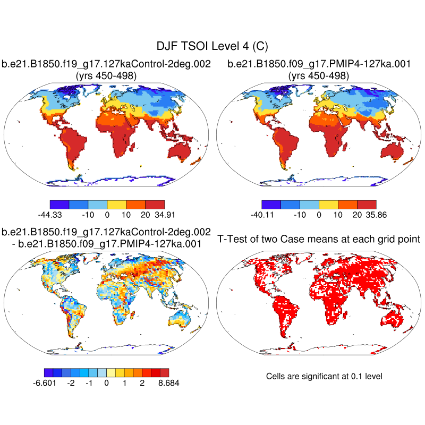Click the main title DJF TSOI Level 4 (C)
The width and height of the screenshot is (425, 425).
coord(212,47)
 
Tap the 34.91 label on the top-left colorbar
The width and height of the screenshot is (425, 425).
coord(164,215)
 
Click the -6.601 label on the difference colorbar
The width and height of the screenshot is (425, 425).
coord(46,384)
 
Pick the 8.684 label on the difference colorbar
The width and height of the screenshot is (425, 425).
coord(167,384)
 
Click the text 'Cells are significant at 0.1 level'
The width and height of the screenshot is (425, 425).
coord(324,376)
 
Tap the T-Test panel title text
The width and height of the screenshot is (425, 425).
coord(319,239)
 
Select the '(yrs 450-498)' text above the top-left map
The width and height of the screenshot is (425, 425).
coord(106,76)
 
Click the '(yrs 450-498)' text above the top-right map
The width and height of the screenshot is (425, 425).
coord(319,76)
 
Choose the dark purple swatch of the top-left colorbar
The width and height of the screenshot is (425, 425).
coord(59,204)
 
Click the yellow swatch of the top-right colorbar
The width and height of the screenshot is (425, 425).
coord(328,204)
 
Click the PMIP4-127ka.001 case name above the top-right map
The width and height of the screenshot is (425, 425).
coord(319,64)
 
